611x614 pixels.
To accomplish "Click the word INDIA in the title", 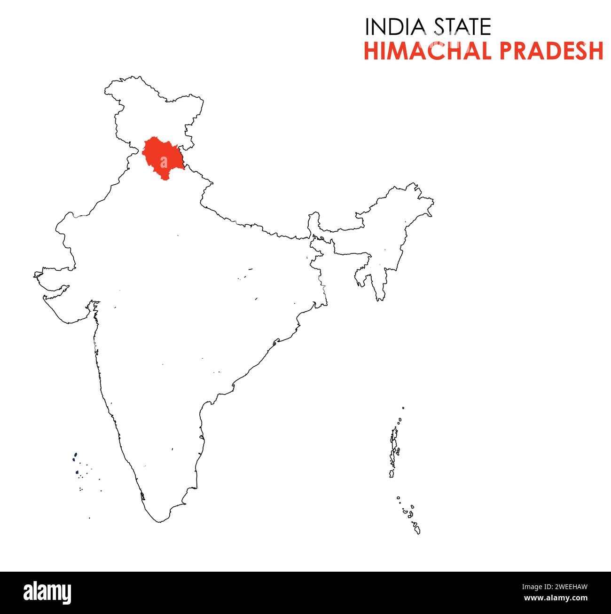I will click(395, 27).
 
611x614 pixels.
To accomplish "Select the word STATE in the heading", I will click(462, 27).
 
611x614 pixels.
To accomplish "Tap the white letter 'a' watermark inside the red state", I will click(163, 162).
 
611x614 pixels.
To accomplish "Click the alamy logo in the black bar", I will click(47, 592).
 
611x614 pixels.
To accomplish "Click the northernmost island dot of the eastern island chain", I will click(403, 408).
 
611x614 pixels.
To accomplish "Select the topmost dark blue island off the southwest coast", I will click(75, 455).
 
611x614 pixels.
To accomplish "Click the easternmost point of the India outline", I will click(433, 203).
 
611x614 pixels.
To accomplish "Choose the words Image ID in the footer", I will click(537, 587).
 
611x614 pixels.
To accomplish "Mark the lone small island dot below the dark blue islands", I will click(89, 518).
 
